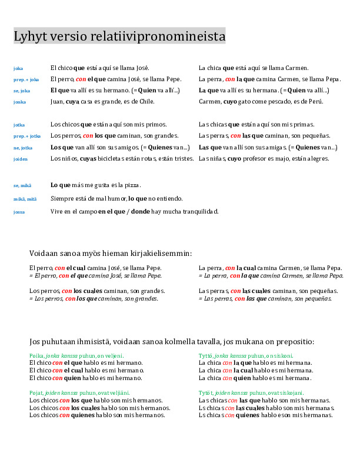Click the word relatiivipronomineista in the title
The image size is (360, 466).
tap(159, 36)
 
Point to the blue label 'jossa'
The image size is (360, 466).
tap(19, 212)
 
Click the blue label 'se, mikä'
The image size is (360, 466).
tap(22, 186)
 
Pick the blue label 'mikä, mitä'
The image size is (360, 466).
tap(25, 199)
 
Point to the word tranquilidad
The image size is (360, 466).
tap(199, 211)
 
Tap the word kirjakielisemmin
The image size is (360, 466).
tap(161, 254)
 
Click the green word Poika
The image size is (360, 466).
tap(36, 356)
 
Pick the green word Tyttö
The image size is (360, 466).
tap(205, 356)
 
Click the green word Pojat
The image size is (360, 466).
tap(36, 392)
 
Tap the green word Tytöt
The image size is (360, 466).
tap(206, 392)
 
